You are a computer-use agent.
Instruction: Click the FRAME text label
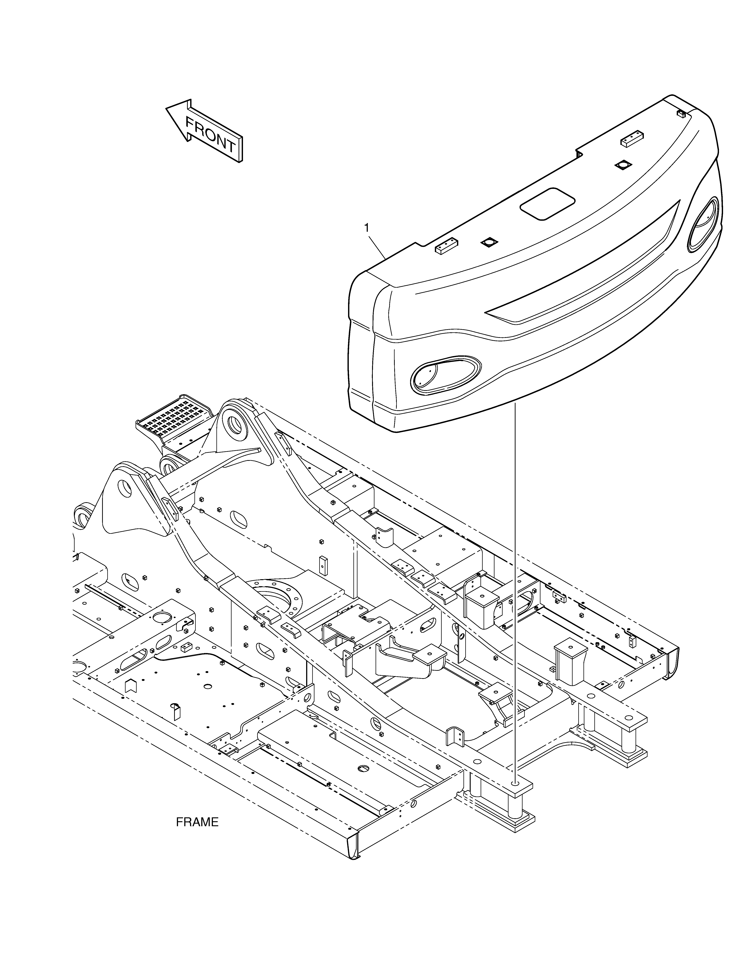click(197, 822)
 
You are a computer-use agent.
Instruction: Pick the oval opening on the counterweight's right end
click(703, 225)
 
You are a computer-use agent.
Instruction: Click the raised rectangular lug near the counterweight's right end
click(632, 139)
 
